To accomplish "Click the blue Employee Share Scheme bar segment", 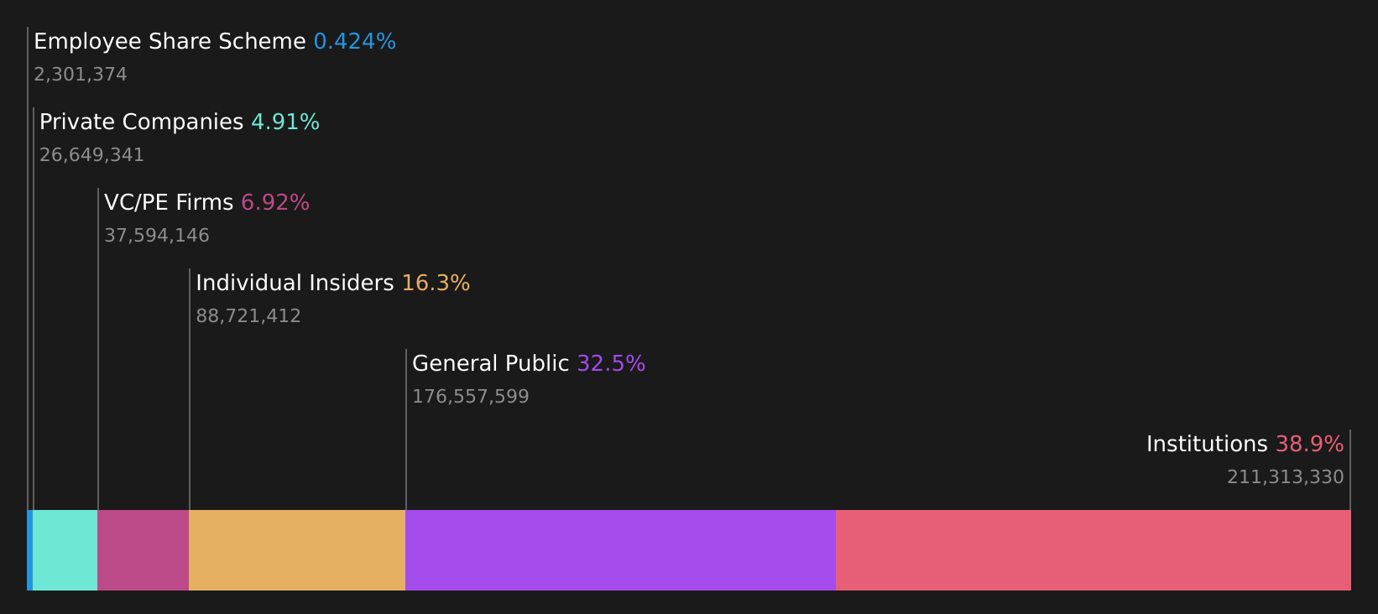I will tap(29, 550).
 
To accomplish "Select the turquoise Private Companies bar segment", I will tap(65, 550).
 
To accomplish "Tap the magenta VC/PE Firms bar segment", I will tap(144, 550).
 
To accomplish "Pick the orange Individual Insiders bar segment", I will tap(297, 550).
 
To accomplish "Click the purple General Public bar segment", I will tap(620, 550).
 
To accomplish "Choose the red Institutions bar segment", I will tap(1093, 550).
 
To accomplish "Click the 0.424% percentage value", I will tap(354, 42).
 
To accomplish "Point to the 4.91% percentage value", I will tap(285, 122).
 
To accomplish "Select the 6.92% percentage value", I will tap(275, 203).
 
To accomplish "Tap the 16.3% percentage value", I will tap(436, 284).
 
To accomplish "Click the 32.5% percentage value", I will tap(611, 364).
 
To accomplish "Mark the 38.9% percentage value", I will tap(1309, 445).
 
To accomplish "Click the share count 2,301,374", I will tap(81, 75).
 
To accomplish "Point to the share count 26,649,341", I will tap(91, 155).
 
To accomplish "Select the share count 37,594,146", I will tap(157, 236).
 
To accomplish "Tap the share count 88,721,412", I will tap(248, 316).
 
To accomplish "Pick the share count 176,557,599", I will tap(471, 397).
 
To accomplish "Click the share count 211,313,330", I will tap(1285, 477).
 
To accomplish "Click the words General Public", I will tap(490, 364).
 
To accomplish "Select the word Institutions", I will tap(1207, 445).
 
